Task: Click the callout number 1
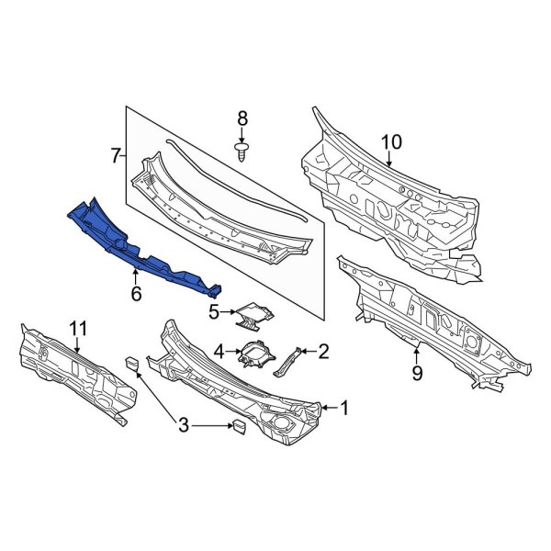tap(344, 405)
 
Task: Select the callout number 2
tap(322, 350)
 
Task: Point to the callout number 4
tap(219, 350)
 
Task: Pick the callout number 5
tap(214, 311)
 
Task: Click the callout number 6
tap(136, 294)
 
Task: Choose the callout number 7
tap(116, 156)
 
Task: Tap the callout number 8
tap(242, 118)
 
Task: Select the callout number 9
tap(416, 374)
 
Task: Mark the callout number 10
tap(392, 141)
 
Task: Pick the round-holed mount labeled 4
tap(257, 354)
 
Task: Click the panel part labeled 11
tap(73, 372)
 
